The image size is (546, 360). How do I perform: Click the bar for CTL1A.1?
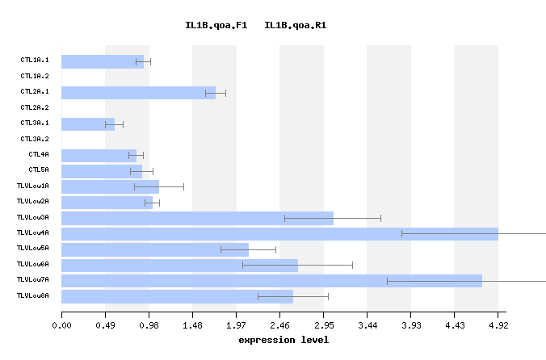(x=103, y=61)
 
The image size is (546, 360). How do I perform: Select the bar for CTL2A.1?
(x=138, y=93)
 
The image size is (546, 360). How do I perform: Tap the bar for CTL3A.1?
(x=88, y=124)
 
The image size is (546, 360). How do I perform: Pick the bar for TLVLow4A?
(x=279, y=234)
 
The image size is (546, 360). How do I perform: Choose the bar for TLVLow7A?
(x=271, y=281)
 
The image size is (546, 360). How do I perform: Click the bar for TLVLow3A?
(x=197, y=218)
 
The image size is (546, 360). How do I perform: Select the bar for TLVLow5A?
(x=155, y=249)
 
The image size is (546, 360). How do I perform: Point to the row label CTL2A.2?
(x=35, y=107)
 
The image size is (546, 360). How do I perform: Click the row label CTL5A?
(x=39, y=170)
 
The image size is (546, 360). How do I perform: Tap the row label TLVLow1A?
(x=33, y=186)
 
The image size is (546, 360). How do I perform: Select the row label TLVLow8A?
(x=33, y=296)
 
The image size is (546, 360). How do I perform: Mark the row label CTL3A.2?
(x=35, y=139)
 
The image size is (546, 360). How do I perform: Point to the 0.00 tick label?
(x=61, y=325)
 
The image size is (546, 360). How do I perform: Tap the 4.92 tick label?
(x=498, y=325)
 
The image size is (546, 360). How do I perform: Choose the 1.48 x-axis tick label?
(x=192, y=325)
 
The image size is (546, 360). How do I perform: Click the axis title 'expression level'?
(x=283, y=340)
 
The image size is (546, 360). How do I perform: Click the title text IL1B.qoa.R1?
(x=296, y=26)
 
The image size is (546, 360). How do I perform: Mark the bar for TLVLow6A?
(x=179, y=265)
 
